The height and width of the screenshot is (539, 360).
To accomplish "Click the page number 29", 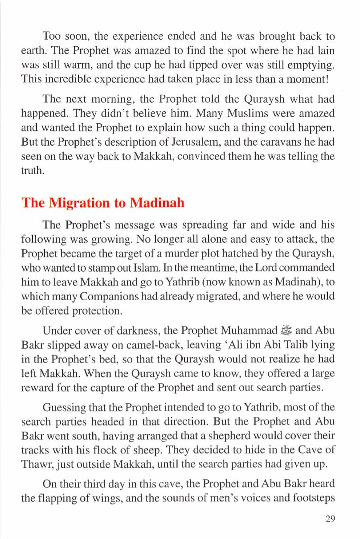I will (329, 519).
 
